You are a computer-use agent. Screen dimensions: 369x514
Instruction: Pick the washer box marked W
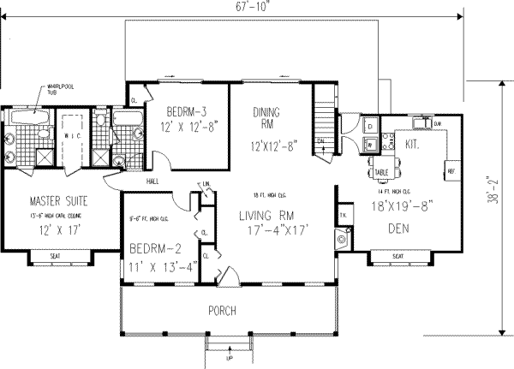(x=368, y=145)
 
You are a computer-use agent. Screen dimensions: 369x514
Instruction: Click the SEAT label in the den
(x=397, y=256)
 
